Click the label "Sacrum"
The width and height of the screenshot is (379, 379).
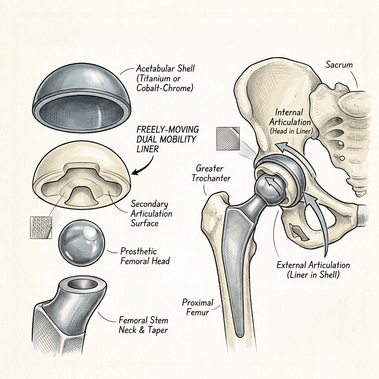(339, 64)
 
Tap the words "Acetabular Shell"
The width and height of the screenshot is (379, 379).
(165, 68)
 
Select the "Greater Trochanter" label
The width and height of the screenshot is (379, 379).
(211, 173)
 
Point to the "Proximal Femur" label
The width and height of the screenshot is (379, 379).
(198, 307)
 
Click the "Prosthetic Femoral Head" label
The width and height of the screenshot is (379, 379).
(145, 256)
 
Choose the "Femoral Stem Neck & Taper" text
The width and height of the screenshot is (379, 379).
(143, 325)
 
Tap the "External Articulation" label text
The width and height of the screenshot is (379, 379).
(313, 265)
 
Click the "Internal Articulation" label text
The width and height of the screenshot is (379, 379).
(290, 117)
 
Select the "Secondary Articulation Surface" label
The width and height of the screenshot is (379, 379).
(151, 214)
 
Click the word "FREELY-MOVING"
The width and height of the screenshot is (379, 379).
(168, 130)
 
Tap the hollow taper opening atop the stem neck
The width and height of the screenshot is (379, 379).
(83, 285)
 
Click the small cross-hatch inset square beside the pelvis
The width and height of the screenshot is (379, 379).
(228, 139)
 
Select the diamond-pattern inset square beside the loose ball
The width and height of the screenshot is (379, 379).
(41, 228)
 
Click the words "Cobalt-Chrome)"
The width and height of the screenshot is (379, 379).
(165, 88)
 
